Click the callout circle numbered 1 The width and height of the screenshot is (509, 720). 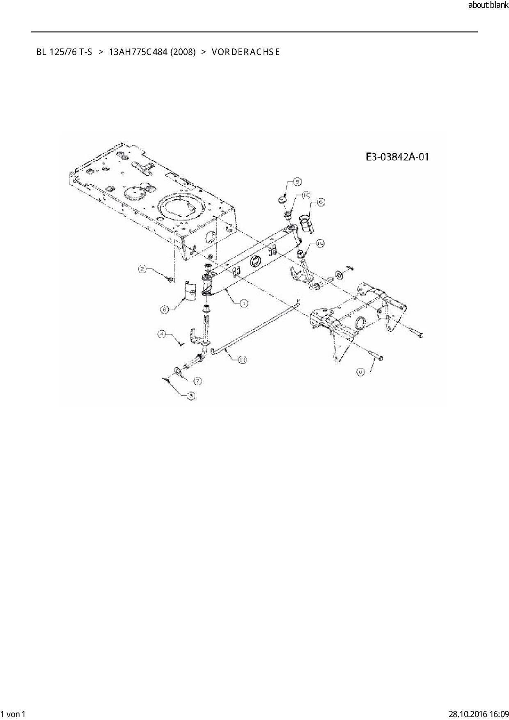[243, 303]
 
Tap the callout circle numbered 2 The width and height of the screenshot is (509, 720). [142, 269]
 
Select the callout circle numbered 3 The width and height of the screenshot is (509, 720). [190, 396]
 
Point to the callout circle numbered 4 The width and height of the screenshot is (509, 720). [162, 334]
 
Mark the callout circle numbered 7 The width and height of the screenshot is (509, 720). [197, 381]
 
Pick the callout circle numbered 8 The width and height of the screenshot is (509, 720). [361, 371]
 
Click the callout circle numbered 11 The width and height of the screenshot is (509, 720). [243, 360]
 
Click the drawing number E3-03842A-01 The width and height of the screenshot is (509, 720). [397, 156]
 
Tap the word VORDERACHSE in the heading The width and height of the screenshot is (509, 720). [246, 52]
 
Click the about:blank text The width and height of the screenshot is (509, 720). [488, 5]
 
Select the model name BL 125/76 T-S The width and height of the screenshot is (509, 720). [64, 52]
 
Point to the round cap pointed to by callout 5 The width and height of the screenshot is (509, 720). [282, 199]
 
